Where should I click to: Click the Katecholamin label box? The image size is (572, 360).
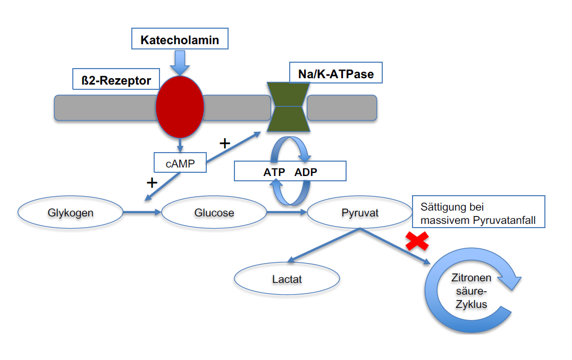click(180, 39)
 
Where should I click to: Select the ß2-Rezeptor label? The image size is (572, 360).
click(116, 81)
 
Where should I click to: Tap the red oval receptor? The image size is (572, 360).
click(180, 106)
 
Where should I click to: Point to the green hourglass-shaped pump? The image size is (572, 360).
click(288, 107)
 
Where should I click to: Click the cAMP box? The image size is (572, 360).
click(180, 164)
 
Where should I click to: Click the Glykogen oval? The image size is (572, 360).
click(70, 213)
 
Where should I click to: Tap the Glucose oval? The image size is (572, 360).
click(214, 213)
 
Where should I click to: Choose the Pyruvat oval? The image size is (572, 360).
click(359, 213)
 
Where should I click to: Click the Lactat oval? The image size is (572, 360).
click(287, 278)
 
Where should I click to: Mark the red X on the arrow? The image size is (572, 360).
click(417, 241)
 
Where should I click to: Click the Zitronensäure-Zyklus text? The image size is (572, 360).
click(469, 291)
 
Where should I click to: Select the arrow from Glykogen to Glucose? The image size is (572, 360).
click(142, 213)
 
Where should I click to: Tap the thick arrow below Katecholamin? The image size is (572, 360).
click(180, 63)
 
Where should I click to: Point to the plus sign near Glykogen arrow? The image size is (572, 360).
click(152, 183)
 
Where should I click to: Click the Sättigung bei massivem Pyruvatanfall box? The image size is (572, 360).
click(478, 212)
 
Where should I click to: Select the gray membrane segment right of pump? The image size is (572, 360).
click(342, 107)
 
